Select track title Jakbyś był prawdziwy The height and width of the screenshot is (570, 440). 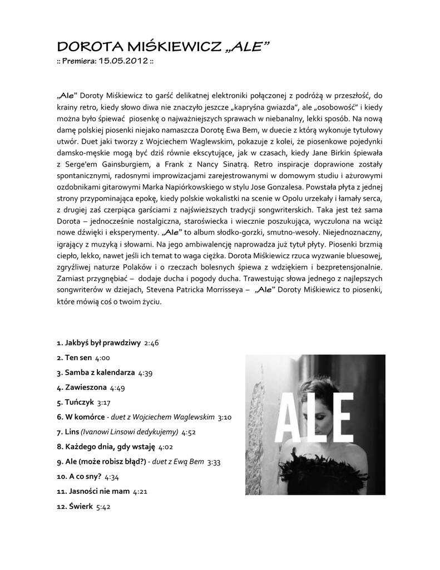click(x=102, y=343)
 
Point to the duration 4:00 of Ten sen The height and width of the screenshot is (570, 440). click(x=103, y=358)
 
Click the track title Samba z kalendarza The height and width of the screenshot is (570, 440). click(x=100, y=372)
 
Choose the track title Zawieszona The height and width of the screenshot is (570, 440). click(x=86, y=387)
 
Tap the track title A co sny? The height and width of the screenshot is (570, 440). click(x=85, y=476)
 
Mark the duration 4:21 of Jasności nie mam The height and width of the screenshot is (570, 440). click(x=140, y=492)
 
